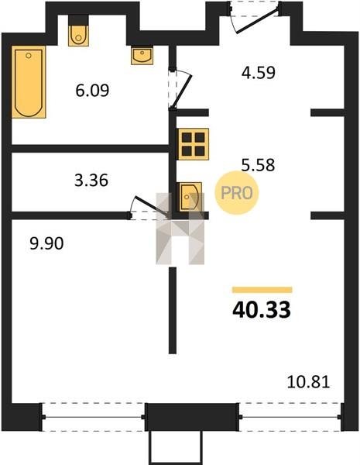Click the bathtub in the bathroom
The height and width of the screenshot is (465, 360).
(x=29, y=82)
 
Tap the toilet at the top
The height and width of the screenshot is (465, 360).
(x=78, y=36)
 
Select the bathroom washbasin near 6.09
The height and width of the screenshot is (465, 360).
(x=142, y=55)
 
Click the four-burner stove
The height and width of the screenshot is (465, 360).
(x=194, y=144)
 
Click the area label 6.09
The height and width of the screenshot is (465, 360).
(x=92, y=90)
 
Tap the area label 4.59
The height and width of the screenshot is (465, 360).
(x=259, y=72)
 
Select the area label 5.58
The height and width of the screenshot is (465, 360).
(x=258, y=165)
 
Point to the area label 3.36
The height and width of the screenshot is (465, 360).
(x=91, y=181)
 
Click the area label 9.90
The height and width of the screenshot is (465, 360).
(x=46, y=243)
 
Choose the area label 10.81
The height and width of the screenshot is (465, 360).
(x=308, y=382)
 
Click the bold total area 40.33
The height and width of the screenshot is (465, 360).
(x=262, y=310)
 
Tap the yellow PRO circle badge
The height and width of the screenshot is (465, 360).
(x=237, y=193)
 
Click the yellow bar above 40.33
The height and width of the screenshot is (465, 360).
(x=262, y=290)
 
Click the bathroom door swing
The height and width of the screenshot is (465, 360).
(x=180, y=90)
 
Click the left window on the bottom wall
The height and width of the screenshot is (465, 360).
(x=93, y=417)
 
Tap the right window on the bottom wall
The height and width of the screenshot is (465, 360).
(x=290, y=417)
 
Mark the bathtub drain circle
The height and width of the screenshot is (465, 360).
(x=29, y=56)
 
